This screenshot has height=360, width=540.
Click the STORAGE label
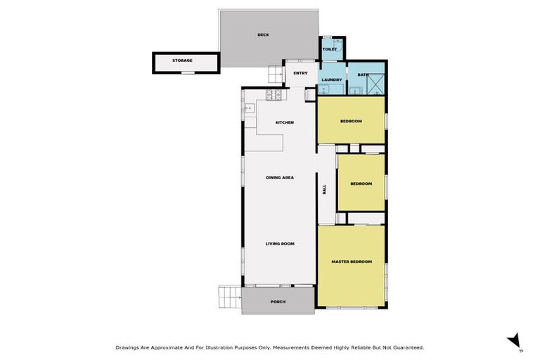point(182,60)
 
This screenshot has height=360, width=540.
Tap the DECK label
point(263,34)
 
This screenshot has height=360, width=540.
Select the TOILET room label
point(330,49)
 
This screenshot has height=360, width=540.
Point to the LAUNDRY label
point(332,80)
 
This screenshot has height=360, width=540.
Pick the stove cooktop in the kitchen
point(273,94)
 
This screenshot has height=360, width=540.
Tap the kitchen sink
point(248,108)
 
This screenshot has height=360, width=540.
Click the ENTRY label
point(300,73)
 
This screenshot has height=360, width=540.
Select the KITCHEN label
point(284,123)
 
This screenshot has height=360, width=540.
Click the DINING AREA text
point(279,178)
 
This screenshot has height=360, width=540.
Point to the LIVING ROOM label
point(279,244)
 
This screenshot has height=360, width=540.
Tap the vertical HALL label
point(325,191)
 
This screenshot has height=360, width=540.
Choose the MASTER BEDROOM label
point(351,262)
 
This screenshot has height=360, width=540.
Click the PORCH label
point(278,302)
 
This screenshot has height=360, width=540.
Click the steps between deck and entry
point(274,72)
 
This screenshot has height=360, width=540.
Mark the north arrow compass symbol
point(514,340)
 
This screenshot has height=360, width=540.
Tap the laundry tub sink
point(325,89)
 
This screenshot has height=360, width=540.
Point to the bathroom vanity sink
point(356,90)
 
